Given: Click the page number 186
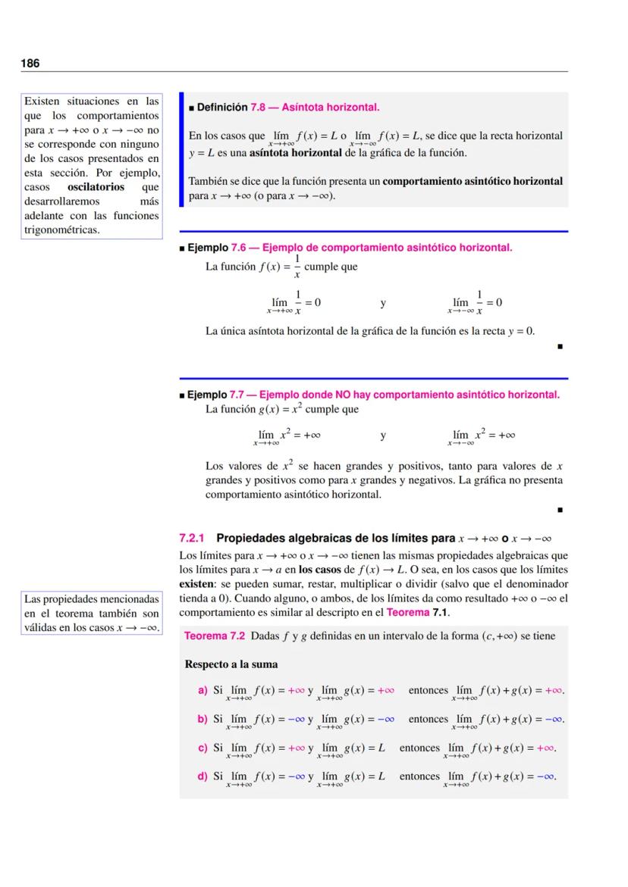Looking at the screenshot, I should [30, 63].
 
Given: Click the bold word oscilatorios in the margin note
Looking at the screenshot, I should [96, 187].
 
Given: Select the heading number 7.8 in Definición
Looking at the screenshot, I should [261, 108].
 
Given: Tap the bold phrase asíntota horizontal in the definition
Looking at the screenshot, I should [295, 153].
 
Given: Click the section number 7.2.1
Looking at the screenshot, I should [193, 539].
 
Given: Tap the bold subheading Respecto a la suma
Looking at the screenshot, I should [231, 664].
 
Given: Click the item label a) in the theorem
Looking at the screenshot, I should [203, 691].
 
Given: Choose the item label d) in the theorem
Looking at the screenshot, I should [203, 776].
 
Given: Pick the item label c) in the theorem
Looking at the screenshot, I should [203, 748].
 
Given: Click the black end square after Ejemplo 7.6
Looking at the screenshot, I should [559, 349].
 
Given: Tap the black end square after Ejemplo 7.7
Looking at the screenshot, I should [559, 511].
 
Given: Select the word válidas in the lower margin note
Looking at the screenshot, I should [43, 627].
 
